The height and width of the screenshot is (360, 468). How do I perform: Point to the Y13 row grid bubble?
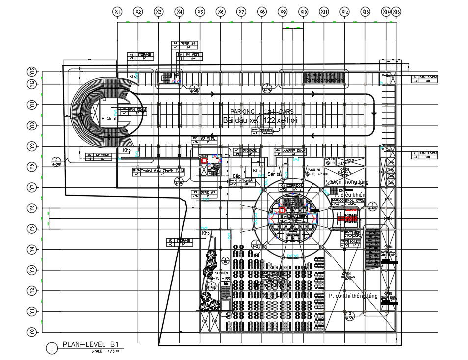click(x=32, y=72)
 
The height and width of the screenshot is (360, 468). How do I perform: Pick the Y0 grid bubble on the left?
click(x=32, y=332)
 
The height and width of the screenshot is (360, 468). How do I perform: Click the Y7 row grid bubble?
click(x=32, y=187)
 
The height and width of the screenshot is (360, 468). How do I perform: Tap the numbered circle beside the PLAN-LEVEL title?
click(x=52, y=348)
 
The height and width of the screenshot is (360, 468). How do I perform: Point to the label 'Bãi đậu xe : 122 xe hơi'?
click(x=260, y=120)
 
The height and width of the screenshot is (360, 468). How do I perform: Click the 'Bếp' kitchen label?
click(x=236, y=176)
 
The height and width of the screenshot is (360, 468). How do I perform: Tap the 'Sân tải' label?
click(x=274, y=174)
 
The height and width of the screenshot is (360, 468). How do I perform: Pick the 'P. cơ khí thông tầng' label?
click(x=353, y=296)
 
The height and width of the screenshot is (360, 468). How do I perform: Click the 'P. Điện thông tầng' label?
click(x=349, y=182)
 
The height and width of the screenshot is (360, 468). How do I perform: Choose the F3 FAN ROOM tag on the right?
click(x=424, y=155)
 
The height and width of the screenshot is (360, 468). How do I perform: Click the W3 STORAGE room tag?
click(x=179, y=242)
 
